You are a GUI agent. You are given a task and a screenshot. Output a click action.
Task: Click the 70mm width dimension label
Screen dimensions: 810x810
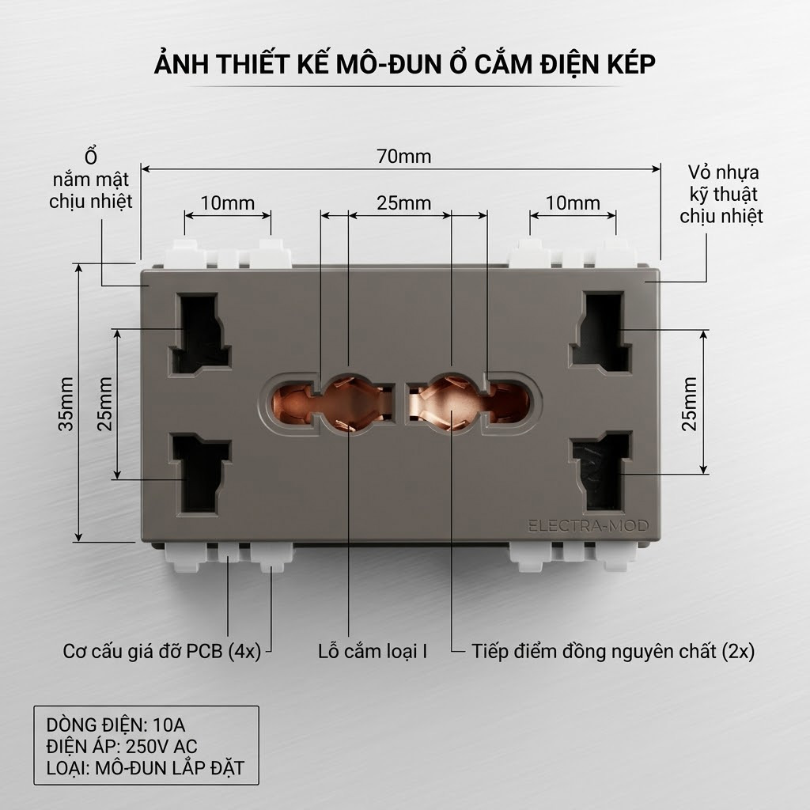click(x=404, y=156)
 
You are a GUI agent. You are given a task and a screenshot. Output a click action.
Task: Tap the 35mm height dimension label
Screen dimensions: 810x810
click(x=66, y=404)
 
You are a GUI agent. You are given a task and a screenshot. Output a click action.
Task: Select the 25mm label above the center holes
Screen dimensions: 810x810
click(x=404, y=203)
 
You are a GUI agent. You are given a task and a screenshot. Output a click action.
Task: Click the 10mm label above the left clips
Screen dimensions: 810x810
click(x=227, y=203)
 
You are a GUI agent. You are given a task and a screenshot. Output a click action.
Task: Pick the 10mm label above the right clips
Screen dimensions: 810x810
click(x=573, y=203)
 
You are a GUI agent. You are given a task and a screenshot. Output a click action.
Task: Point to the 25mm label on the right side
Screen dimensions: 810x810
click(x=690, y=404)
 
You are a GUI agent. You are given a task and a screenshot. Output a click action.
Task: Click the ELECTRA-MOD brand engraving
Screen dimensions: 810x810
click(x=589, y=526)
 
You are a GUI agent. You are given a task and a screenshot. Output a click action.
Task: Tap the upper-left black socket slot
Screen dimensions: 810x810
click(x=199, y=333)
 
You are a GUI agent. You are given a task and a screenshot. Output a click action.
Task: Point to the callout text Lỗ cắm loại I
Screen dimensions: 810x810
click(x=373, y=651)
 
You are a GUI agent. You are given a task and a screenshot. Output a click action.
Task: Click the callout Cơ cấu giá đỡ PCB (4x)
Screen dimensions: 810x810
click(x=161, y=651)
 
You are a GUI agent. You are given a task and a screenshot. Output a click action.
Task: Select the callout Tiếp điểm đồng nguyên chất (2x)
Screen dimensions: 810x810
click(x=613, y=651)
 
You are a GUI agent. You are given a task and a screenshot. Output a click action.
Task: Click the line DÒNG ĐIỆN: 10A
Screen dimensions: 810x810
click(x=115, y=725)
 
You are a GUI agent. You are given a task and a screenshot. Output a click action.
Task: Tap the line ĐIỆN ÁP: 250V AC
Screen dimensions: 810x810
click(x=122, y=747)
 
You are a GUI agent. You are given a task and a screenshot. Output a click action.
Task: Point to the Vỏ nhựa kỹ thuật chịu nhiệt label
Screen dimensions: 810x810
click(x=721, y=195)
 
